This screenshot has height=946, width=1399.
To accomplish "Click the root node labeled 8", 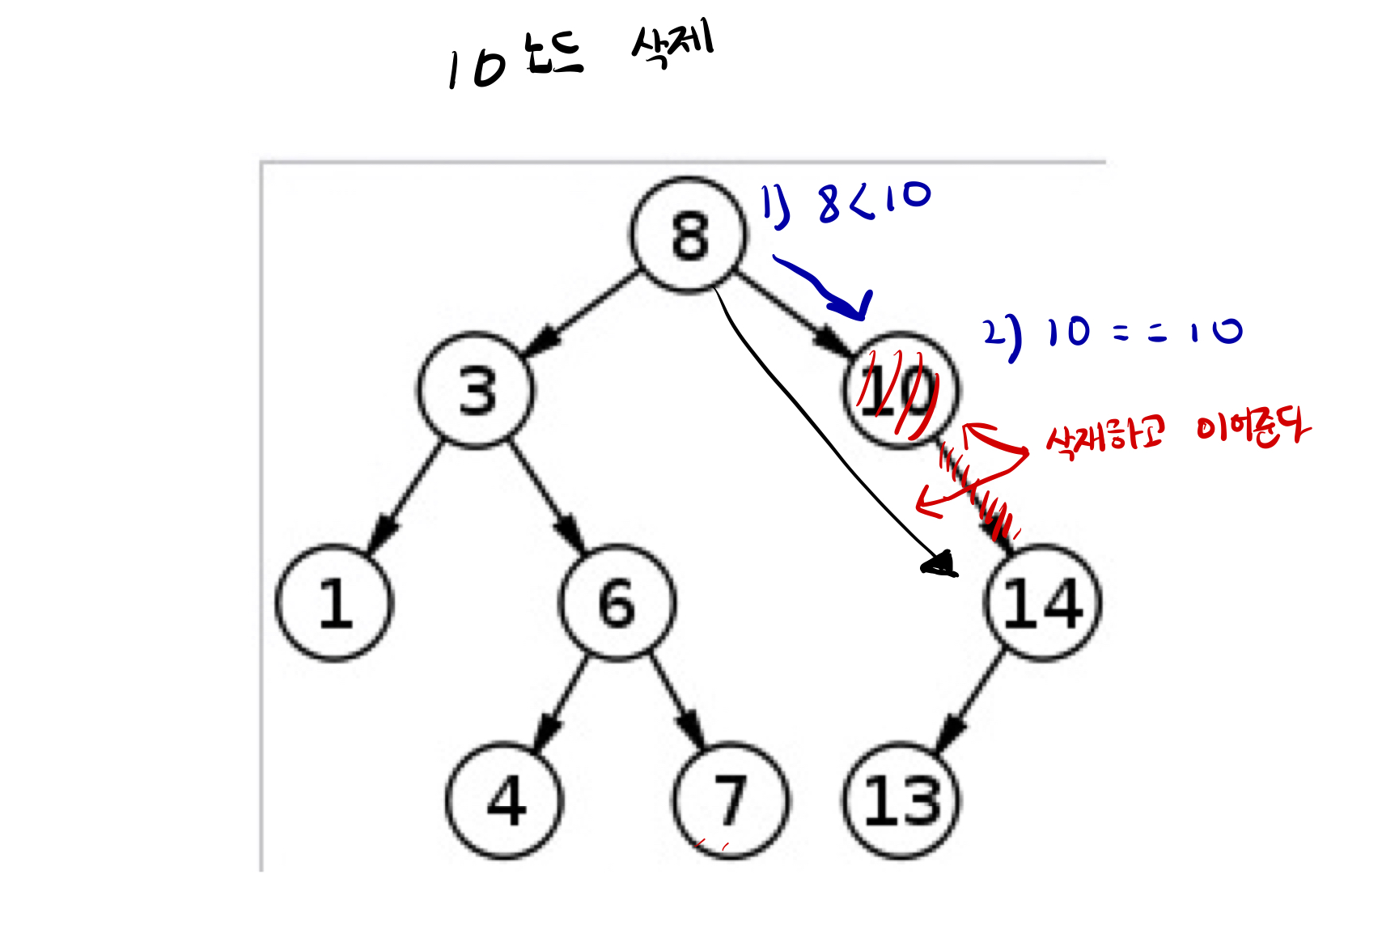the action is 689,235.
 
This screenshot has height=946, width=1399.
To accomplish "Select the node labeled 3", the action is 477,391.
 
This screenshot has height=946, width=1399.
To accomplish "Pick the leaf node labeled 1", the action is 334,604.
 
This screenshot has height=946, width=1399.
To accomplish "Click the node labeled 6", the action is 617,604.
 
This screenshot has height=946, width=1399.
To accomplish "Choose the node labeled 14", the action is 1042,604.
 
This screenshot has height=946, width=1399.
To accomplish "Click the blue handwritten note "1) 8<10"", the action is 846,202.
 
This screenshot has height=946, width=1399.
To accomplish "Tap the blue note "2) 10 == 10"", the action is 1113,333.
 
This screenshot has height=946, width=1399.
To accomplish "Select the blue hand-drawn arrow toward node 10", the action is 825,288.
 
